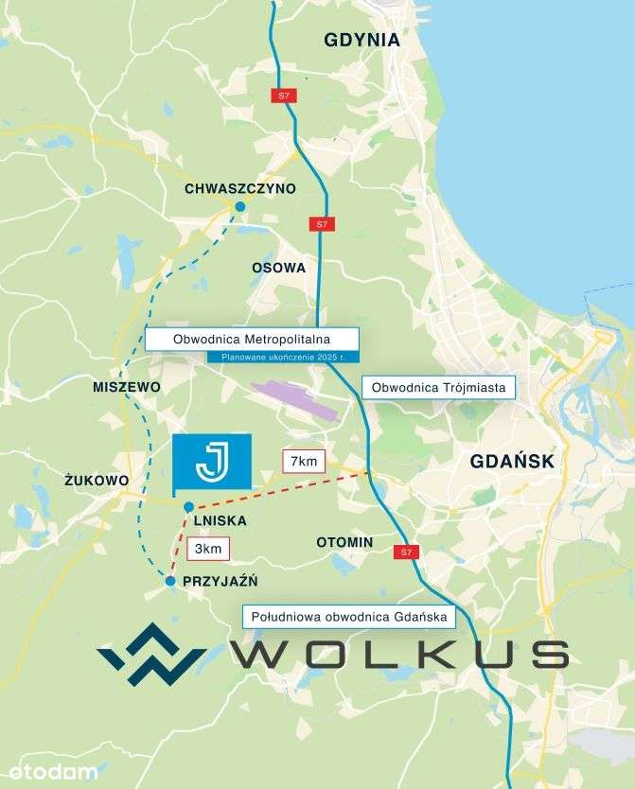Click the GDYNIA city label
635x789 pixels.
362,40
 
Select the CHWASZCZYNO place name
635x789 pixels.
240,188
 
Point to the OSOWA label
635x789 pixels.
278,268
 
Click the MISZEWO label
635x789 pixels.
127,388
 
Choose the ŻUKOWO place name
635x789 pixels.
97,481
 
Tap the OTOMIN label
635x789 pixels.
344,542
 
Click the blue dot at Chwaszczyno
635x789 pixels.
239,206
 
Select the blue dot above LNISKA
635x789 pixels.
189,506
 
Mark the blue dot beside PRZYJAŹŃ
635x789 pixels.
170,581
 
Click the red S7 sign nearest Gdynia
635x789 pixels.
282,96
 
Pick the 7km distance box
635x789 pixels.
305,462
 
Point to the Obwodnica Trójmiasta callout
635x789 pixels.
438,386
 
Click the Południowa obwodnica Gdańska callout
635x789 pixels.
349,617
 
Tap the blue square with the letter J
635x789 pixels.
211,461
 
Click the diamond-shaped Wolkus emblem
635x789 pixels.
151,654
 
